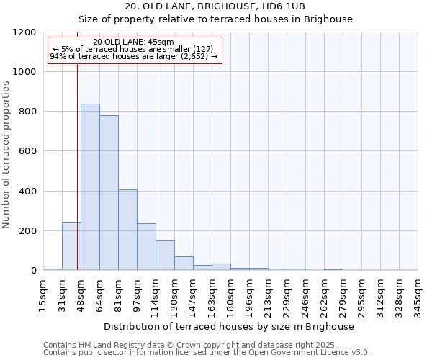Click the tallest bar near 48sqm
tap(90, 187)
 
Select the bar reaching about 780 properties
tap(109, 193)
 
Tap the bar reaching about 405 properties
tap(127, 230)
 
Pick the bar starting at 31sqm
tap(71, 246)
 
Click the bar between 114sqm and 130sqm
tap(165, 256)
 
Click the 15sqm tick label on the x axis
tap(44, 293)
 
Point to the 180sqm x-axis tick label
tap(231, 295)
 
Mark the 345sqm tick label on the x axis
tap(418, 295)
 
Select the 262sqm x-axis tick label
tap(325, 295)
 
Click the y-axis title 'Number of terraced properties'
tap(6, 155)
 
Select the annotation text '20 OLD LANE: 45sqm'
tap(133, 42)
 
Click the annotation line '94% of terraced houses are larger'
tap(133, 56)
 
